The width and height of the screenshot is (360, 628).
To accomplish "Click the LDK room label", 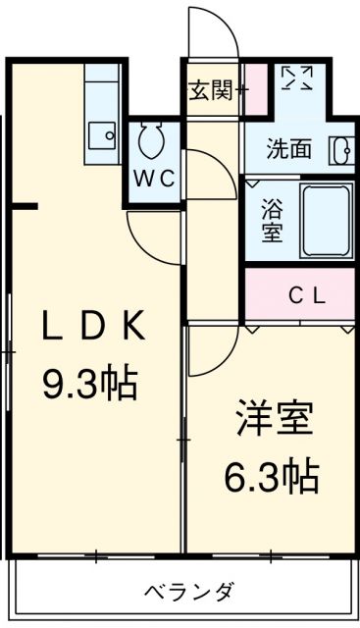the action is click(x=94, y=326).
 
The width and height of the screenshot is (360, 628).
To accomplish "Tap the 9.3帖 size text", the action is click(x=90, y=384).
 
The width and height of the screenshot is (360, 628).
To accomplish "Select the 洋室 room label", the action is click(x=274, y=418).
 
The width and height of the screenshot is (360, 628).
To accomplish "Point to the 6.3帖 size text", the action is click(x=272, y=477).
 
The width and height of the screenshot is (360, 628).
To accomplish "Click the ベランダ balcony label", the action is click(x=189, y=591).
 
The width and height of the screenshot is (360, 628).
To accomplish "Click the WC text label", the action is click(x=154, y=179).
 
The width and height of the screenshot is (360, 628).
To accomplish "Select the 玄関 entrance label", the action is click(x=211, y=90).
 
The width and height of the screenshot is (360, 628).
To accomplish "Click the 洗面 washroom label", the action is click(x=288, y=149).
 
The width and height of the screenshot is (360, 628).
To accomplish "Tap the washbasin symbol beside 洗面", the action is click(x=342, y=150).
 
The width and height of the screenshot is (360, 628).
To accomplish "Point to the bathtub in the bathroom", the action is click(x=326, y=222).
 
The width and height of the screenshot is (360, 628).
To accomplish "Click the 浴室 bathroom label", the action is click(x=273, y=221).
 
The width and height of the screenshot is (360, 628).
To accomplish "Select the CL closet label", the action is click(x=307, y=296).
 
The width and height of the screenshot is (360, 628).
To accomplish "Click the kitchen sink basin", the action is click(x=102, y=135).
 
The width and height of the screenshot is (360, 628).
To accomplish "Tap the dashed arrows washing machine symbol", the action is click(x=296, y=78).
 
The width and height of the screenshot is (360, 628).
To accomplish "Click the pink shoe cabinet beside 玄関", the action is click(x=255, y=88).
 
